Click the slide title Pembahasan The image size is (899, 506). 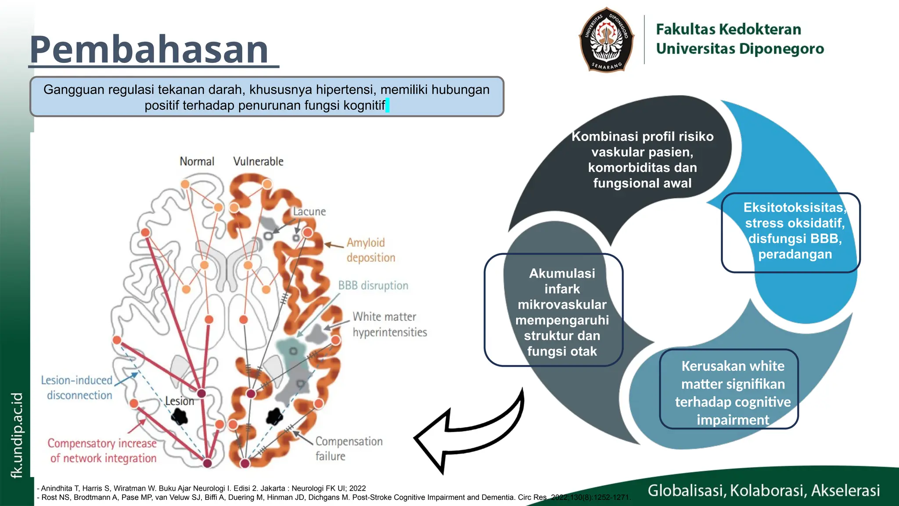(149, 49)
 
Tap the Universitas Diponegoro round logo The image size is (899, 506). (607, 40)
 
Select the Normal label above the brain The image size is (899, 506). (197, 162)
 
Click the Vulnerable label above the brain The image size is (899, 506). (258, 162)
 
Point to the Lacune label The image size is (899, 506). (309, 212)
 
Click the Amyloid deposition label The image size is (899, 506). (370, 250)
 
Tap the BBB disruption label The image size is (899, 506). (373, 286)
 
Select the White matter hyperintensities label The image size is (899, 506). (389, 324)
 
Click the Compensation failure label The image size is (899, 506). (349, 448)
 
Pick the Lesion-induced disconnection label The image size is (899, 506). (77, 387)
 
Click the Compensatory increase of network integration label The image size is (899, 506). (102, 451)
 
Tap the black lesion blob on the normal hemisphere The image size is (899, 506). (179, 416)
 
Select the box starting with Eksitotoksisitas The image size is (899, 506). (791, 232)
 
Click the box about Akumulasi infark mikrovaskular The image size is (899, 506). (554, 310)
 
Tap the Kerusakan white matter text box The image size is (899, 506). (729, 389)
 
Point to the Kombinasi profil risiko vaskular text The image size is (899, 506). (642, 160)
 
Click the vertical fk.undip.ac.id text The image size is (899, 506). (16, 435)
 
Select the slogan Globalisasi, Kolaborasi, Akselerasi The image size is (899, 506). (764, 490)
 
